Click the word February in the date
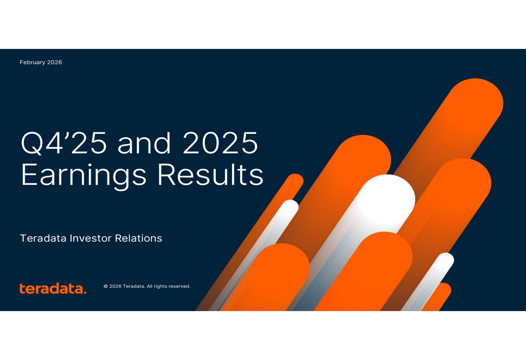[x=33, y=63]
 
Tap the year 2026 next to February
[x=55, y=63]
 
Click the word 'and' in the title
[x=144, y=143]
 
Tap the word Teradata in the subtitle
[x=44, y=239]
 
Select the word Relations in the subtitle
[x=139, y=239]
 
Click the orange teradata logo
[x=53, y=289]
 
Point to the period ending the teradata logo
[x=85, y=292]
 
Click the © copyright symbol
[x=106, y=286]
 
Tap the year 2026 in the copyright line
[x=115, y=286]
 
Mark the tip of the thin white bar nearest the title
[x=290, y=207]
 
